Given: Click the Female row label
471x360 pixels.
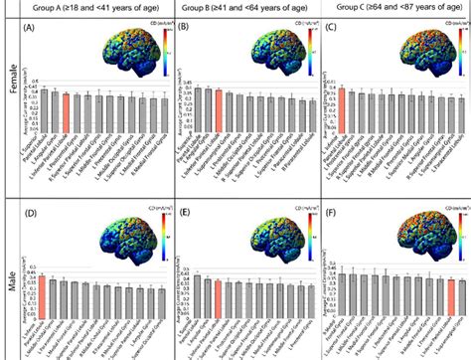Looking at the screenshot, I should (x=12, y=99).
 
